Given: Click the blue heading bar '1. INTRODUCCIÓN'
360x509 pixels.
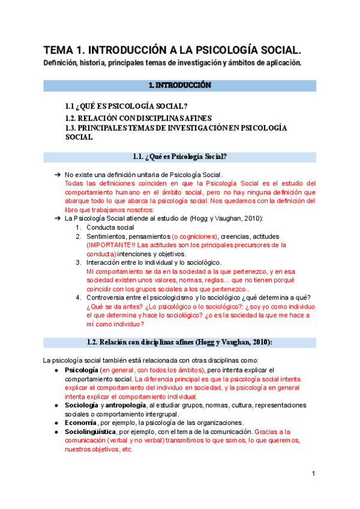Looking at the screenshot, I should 180,85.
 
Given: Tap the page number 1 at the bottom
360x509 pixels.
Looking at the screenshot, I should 313,474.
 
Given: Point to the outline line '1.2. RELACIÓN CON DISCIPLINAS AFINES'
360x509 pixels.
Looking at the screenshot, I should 138,118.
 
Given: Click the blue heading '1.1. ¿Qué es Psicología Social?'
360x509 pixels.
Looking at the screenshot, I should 180,157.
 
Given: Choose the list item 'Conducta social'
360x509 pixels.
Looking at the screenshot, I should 110,227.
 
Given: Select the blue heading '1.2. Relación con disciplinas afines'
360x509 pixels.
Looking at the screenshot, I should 180,342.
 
